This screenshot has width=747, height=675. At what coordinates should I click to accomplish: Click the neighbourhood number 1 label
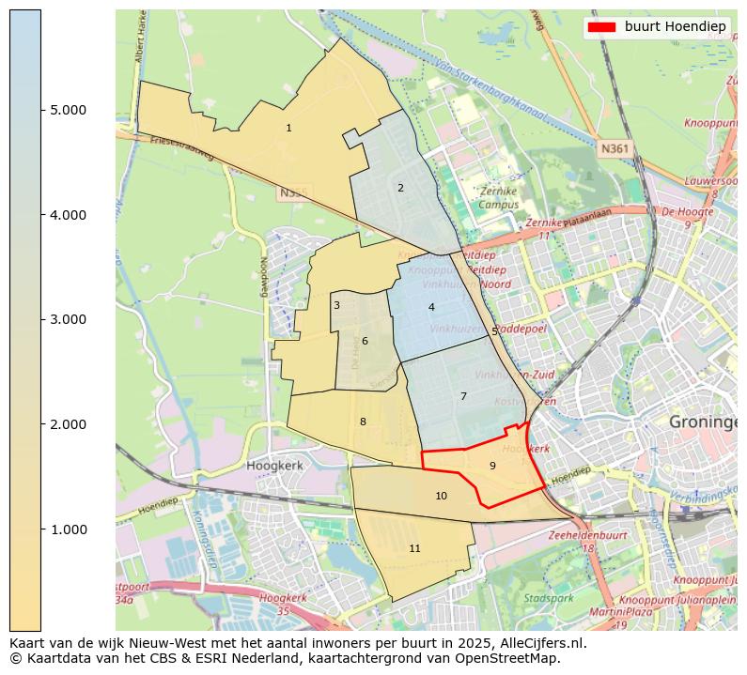tap(288, 128)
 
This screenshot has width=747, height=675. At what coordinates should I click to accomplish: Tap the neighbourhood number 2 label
tap(400, 188)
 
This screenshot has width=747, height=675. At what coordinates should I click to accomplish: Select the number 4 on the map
tap(431, 307)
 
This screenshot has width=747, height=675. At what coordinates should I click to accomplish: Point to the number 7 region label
tap(463, 396)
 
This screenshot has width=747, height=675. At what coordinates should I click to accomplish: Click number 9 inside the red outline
tap(492, 466)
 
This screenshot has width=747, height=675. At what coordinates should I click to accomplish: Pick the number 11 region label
tap(414, 548)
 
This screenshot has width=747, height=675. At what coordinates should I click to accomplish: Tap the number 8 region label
tap(363, 422)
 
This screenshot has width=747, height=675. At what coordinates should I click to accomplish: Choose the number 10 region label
tap(441, 496)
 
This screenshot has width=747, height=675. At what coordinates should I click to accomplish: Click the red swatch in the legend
tap(601, 26)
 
